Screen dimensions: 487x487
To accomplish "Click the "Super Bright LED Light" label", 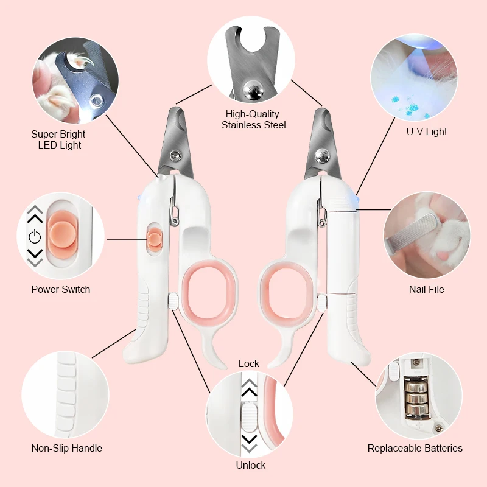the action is click(58, 139).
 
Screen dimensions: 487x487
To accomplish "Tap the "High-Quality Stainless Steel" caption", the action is click(253, 119).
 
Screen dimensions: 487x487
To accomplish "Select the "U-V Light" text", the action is click(427, 131).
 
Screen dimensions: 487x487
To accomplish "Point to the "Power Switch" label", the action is click(61, 289).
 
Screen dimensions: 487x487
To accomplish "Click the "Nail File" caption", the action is click(427, 289).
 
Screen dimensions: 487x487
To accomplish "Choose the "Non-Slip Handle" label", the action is click(67, 448).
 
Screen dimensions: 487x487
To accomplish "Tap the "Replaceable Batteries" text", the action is click(415, 448).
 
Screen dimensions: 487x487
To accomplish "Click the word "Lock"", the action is click(249, 363).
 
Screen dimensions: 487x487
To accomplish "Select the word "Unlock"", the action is click(251, 465).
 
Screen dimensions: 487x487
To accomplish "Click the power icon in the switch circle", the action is click(35, 237).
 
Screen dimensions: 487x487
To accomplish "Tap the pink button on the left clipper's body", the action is click(155, 237).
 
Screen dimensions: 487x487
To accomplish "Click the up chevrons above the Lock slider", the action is click(249, 387).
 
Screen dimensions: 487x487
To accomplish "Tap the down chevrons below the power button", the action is click(35, 258).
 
